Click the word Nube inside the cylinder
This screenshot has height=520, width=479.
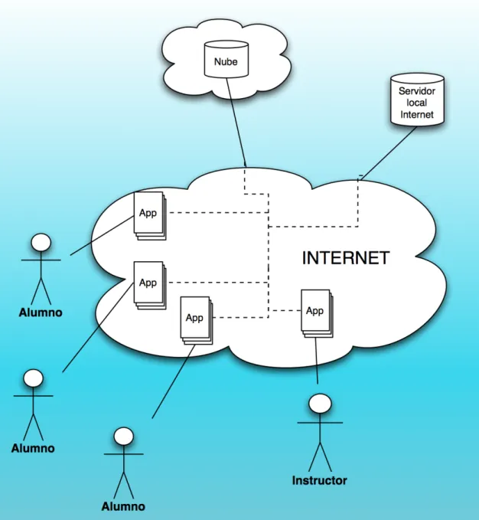point(226,62)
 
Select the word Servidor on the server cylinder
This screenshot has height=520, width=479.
point(417,91)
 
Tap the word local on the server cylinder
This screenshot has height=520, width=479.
point(417,103)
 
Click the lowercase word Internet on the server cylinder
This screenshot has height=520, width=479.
point(417,114)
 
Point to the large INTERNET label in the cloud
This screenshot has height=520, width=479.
point(346,258)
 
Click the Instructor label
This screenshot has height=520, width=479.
point(319,480)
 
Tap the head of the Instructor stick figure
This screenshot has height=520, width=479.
point(320,404)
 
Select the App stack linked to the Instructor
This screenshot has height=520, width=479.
point(317,313)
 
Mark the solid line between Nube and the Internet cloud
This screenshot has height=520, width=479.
point(236,121)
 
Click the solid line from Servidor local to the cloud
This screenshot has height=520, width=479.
point(389,153)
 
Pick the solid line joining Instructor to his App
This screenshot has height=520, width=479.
point(316,361)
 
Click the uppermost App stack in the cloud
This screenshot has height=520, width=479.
point(150,216)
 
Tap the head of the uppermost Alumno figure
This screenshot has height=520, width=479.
point(41,243)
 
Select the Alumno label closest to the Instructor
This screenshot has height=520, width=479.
point(123,506)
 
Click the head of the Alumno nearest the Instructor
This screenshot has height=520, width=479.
point(123,436)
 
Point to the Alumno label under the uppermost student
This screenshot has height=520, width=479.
point(41,312)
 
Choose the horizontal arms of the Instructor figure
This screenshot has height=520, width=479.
point(320,423)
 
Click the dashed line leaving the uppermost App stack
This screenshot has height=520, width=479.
point(219,212)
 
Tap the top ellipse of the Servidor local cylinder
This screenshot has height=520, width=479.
point(417,79)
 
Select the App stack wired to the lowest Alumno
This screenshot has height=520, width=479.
point(197,320)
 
